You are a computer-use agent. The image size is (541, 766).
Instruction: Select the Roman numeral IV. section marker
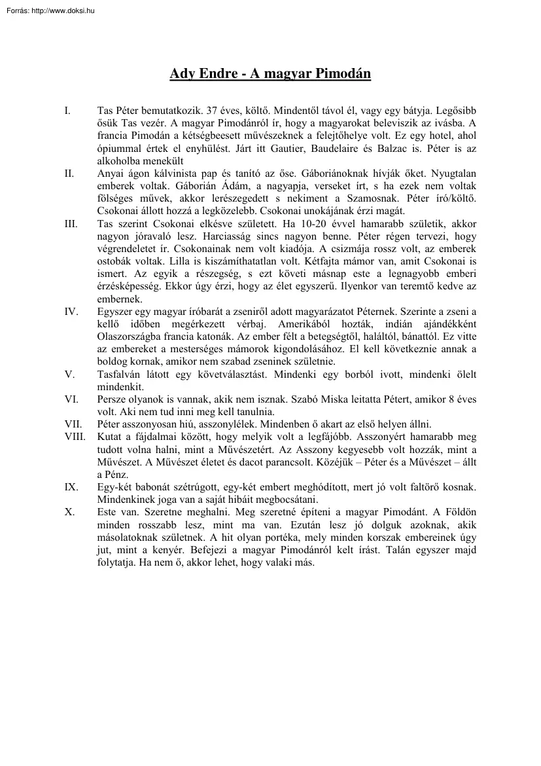[x=71, y=312]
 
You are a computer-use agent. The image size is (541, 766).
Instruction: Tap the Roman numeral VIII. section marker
[x=75, y=436]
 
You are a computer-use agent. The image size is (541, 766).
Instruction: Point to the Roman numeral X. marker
[x=69, y=512]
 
